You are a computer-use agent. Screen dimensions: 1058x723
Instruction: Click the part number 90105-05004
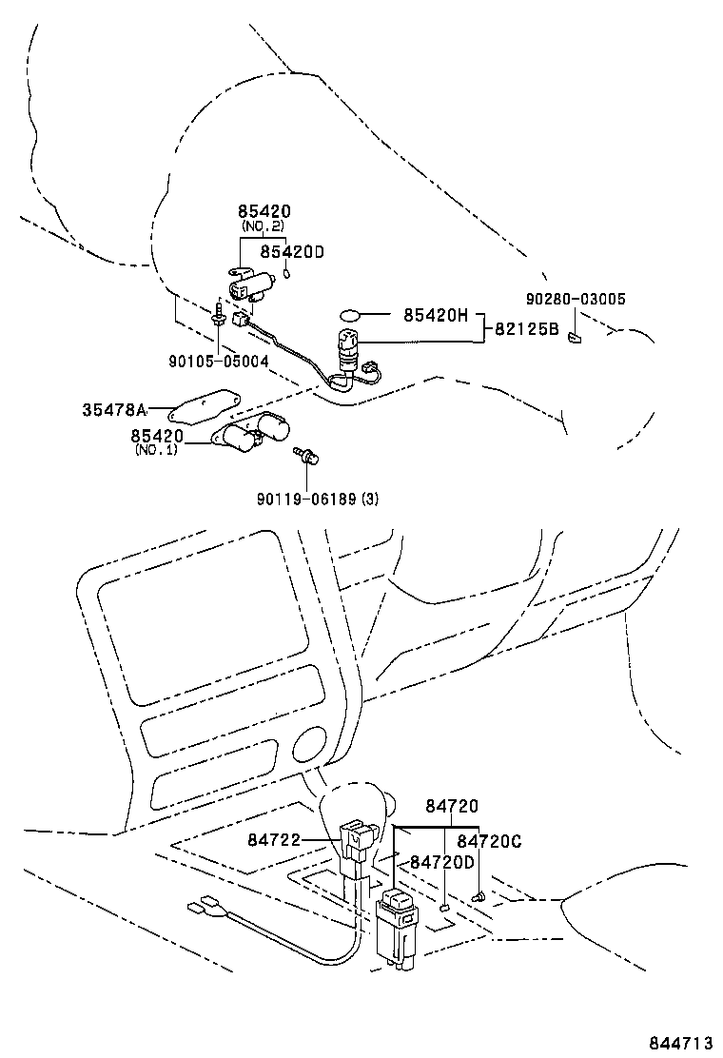click(x=219, y=362)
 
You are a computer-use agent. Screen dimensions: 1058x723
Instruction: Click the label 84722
click(x=274, y=839)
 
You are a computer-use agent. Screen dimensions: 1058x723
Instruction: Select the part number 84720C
click(x=489, y=841)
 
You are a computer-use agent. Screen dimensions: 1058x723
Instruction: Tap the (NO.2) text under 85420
click(x=264, y=227)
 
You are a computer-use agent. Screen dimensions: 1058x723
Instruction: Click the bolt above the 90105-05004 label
click(x=220, y=317)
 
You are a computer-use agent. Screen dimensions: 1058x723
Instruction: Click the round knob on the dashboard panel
click(x=310, y=744)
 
